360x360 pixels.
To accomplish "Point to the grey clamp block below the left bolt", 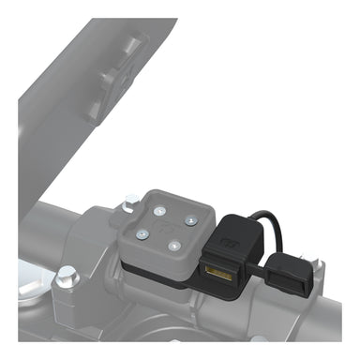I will [70, 309].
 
